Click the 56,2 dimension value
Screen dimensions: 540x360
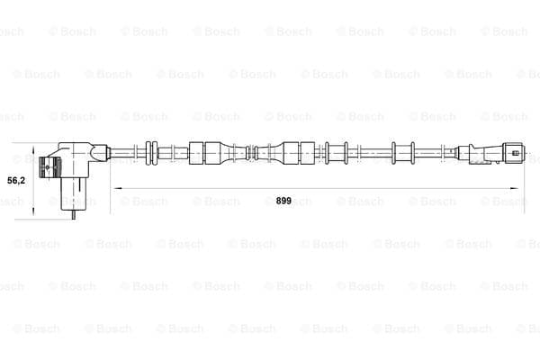click(x=16, y=180)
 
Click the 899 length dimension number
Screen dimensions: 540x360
click(x=283, y=201)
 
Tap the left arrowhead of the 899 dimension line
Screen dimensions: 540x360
click(x=118, y=188)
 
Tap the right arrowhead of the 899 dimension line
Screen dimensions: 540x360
click(x=514, y=188)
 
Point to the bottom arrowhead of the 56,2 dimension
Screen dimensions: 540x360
click(x=33, y=211)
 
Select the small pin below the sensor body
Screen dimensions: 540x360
click(x=74, y=214)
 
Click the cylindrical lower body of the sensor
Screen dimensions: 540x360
click(x=74, y=194)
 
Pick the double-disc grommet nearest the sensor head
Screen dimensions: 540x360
click(x=151, y=153)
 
